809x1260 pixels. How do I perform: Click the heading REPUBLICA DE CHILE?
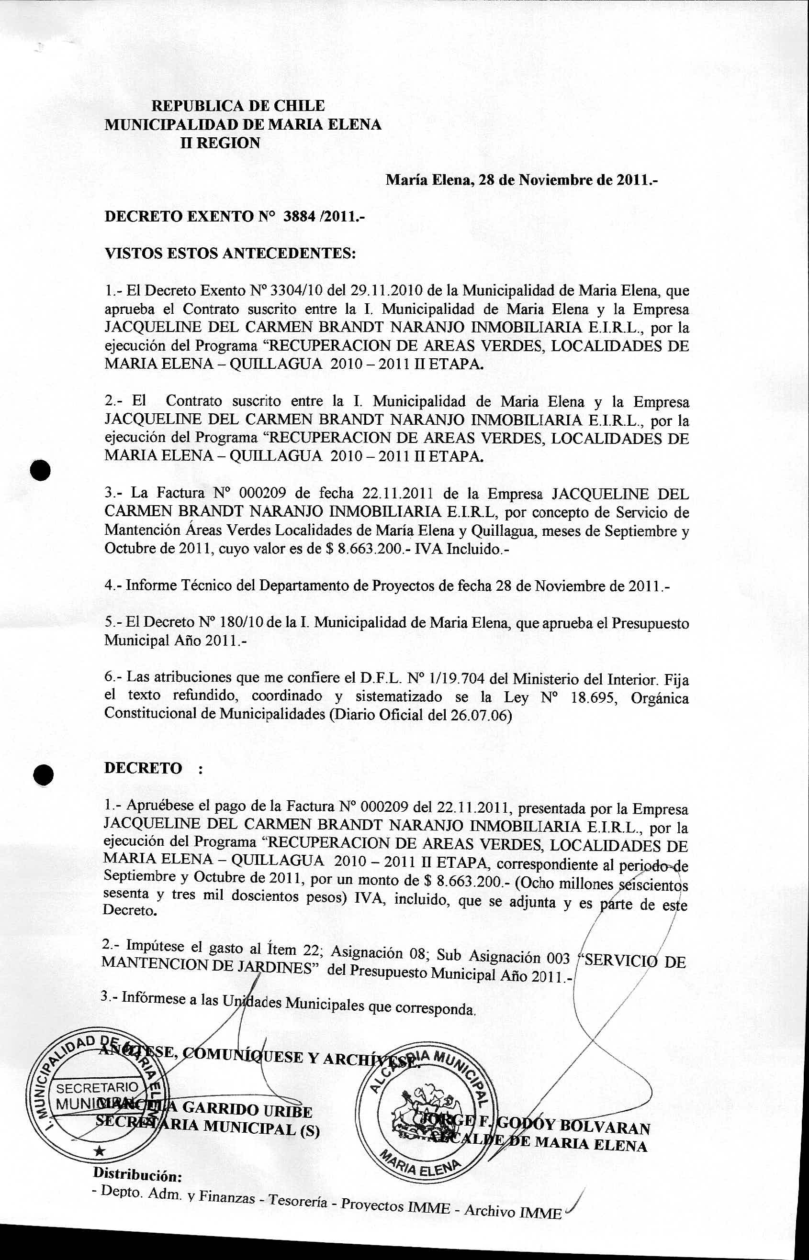pos(238,106)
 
